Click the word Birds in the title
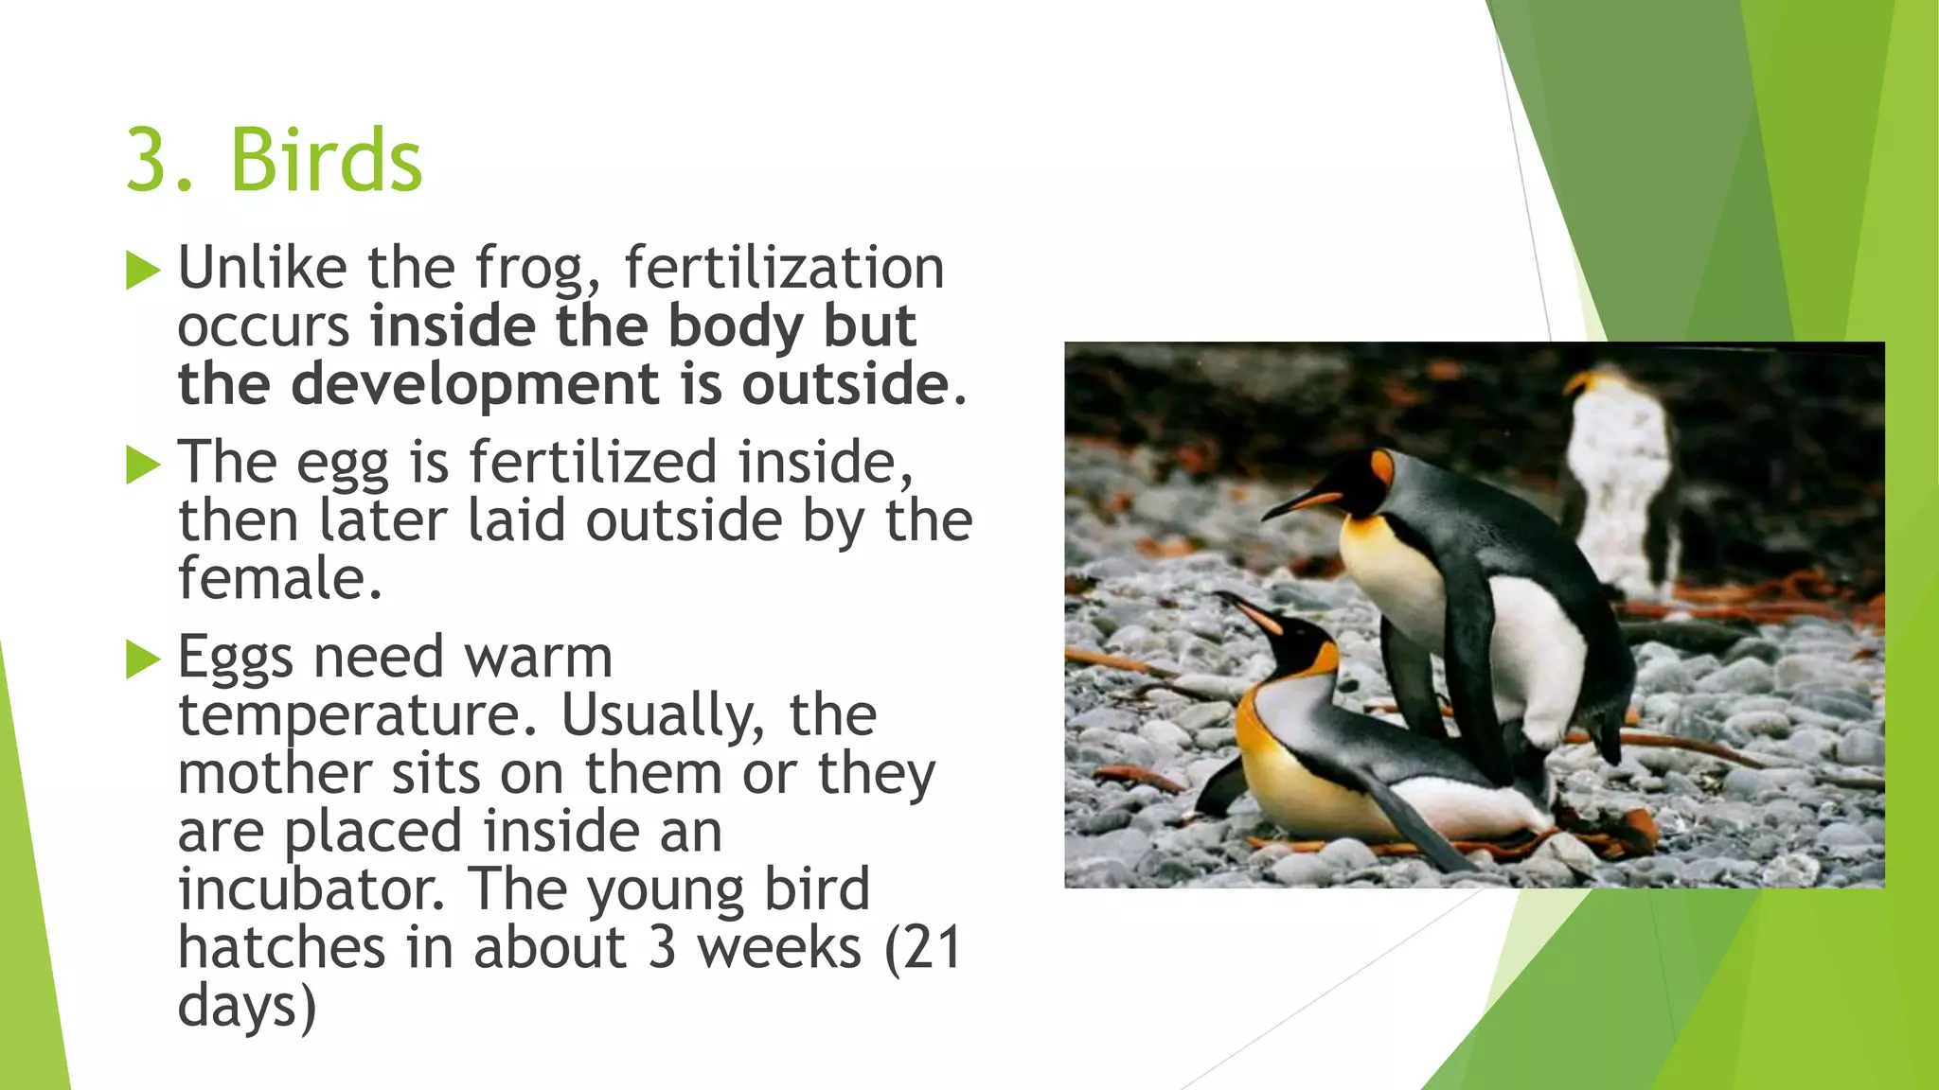[x=326, y=160]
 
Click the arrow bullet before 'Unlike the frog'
[x=143, y=271]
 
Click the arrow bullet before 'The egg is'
[x=143, y=465]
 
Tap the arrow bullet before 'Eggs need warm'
[x=143, y=659]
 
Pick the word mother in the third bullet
[x=275, y=773]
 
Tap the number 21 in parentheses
[x=932, y=948]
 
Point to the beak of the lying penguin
[x=1246, y=609]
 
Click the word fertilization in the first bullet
[x=784, y=269]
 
